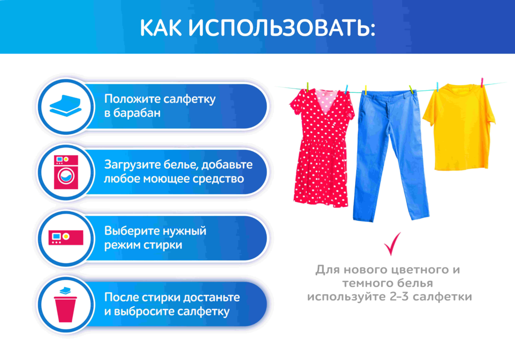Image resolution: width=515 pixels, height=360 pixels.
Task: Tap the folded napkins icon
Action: tap(66, 106)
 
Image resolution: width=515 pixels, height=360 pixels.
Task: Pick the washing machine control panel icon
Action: tap(66, 238)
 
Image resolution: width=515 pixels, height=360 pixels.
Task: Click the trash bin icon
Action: tap(66, 305)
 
